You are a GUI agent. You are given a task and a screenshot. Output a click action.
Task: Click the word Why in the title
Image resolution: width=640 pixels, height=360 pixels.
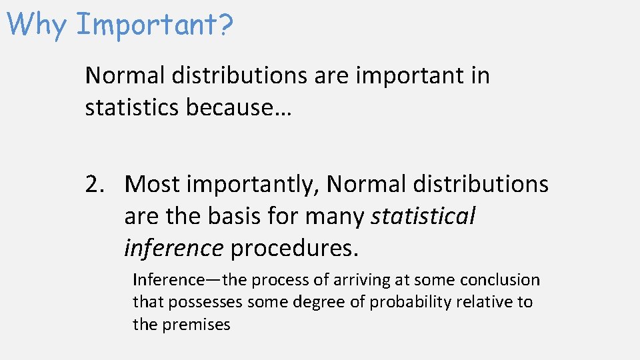coord(38,24)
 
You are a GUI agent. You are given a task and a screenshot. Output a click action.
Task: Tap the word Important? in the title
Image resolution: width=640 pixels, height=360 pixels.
coord(155,25)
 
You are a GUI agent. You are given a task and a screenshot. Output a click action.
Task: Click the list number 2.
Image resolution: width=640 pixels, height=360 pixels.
coord(94,184)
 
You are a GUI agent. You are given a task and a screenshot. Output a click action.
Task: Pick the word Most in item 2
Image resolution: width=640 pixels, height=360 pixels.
coord(152,184)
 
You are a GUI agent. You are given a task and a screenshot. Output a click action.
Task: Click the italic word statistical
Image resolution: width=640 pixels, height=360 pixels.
coord(423,216)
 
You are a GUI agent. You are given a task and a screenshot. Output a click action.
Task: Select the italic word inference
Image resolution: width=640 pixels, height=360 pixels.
coord(173,248)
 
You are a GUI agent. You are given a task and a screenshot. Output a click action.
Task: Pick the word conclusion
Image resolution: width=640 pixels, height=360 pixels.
coord(500,280)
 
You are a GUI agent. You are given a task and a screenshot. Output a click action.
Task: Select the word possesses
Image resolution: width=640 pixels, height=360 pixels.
coord(206,303)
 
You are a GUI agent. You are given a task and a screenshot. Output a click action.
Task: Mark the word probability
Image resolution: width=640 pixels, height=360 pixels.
coord(411,303)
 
